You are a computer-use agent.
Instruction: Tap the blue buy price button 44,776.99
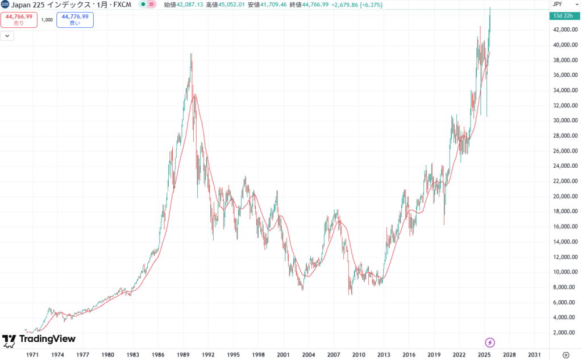point(75,20)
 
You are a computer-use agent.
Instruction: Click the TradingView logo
point(39,340)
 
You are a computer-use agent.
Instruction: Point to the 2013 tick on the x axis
point(384,353)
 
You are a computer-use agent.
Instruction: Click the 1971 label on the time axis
point(33,353)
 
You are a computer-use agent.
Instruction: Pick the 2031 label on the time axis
point(534,353)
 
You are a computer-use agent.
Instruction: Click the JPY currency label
point(558,4)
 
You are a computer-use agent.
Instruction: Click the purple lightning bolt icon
point(490,342)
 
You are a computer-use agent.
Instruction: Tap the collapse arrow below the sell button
point(7,35)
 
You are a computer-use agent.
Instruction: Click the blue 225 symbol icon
point(5,5)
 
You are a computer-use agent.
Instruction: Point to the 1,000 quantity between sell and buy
point(47,20)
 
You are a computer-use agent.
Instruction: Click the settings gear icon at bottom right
point(566,353)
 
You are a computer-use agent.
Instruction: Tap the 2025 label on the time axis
point(484,353)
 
